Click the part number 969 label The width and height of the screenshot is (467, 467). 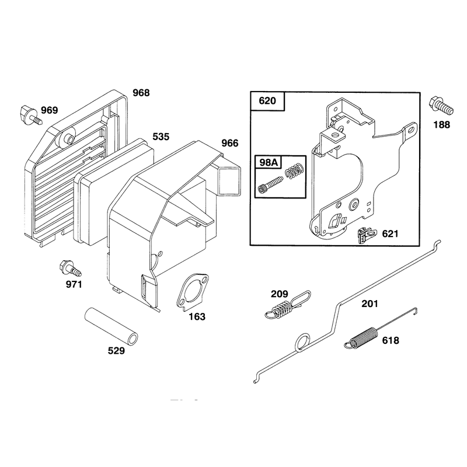(49, 110)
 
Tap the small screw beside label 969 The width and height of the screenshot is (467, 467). (31, 114)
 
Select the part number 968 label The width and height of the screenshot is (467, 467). (141, 93)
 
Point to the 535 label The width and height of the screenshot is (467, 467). (161, 137)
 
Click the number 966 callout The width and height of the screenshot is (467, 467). (230, 143)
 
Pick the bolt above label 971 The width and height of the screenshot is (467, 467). (70, 268)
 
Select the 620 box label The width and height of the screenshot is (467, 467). (267, 100)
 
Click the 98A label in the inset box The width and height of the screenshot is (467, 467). (269, 162)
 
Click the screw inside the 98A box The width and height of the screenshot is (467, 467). (270, 184)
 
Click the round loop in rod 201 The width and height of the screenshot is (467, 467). (302, 342)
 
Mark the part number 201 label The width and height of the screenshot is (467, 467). (370, 304)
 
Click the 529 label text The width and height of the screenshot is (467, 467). (116, 351)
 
